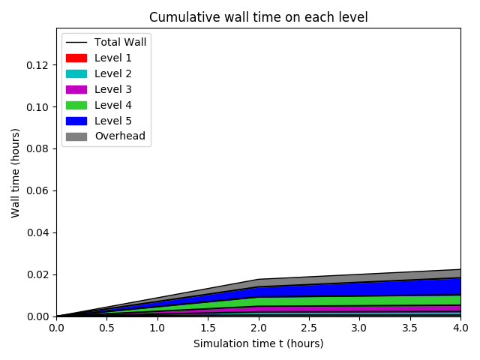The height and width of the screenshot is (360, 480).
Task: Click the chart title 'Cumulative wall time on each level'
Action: [x=258, y=17]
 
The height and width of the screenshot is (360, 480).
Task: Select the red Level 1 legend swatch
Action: [x=76, y=58]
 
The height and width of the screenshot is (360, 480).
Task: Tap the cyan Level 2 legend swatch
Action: [x=76, y=73]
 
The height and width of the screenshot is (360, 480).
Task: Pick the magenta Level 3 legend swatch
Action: [x=76, y=89]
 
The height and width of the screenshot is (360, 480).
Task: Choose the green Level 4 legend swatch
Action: [x=76, y=105]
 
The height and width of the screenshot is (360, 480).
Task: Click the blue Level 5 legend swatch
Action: [x=76, y=121]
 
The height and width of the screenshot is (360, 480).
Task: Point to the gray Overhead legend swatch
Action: [x=76, y=136]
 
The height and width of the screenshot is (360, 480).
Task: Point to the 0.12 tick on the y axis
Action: [x=38, y=65]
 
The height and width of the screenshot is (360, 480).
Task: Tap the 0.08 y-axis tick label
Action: [x=38, y=148]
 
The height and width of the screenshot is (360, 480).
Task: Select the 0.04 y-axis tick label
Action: [x=38, y=232]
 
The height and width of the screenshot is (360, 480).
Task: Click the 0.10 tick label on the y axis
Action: [x=38, y=107]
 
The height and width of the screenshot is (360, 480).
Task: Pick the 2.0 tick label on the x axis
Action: [x=258, y=328]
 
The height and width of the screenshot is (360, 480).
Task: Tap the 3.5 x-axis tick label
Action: [x=410, y=328]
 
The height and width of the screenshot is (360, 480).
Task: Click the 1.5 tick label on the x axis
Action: [x=208, y=328]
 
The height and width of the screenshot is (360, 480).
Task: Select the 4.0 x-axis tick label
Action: [x=460, y=328]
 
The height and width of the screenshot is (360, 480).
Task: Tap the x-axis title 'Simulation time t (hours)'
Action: [x=258, y=343]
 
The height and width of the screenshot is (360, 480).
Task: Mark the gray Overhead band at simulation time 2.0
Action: [x=258, y=283]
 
